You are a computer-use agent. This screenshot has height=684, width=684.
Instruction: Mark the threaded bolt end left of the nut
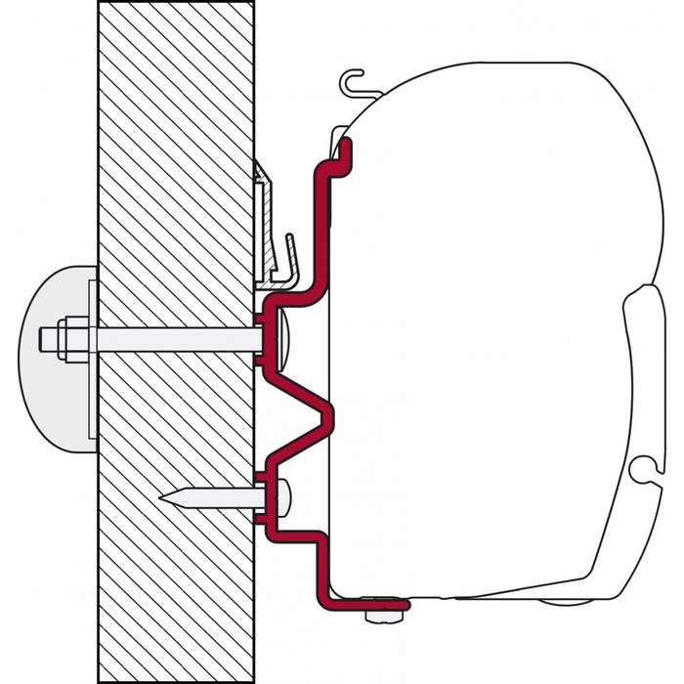click(x=48, y=338)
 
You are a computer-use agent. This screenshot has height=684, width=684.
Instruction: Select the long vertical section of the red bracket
click(x=321, y=225)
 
